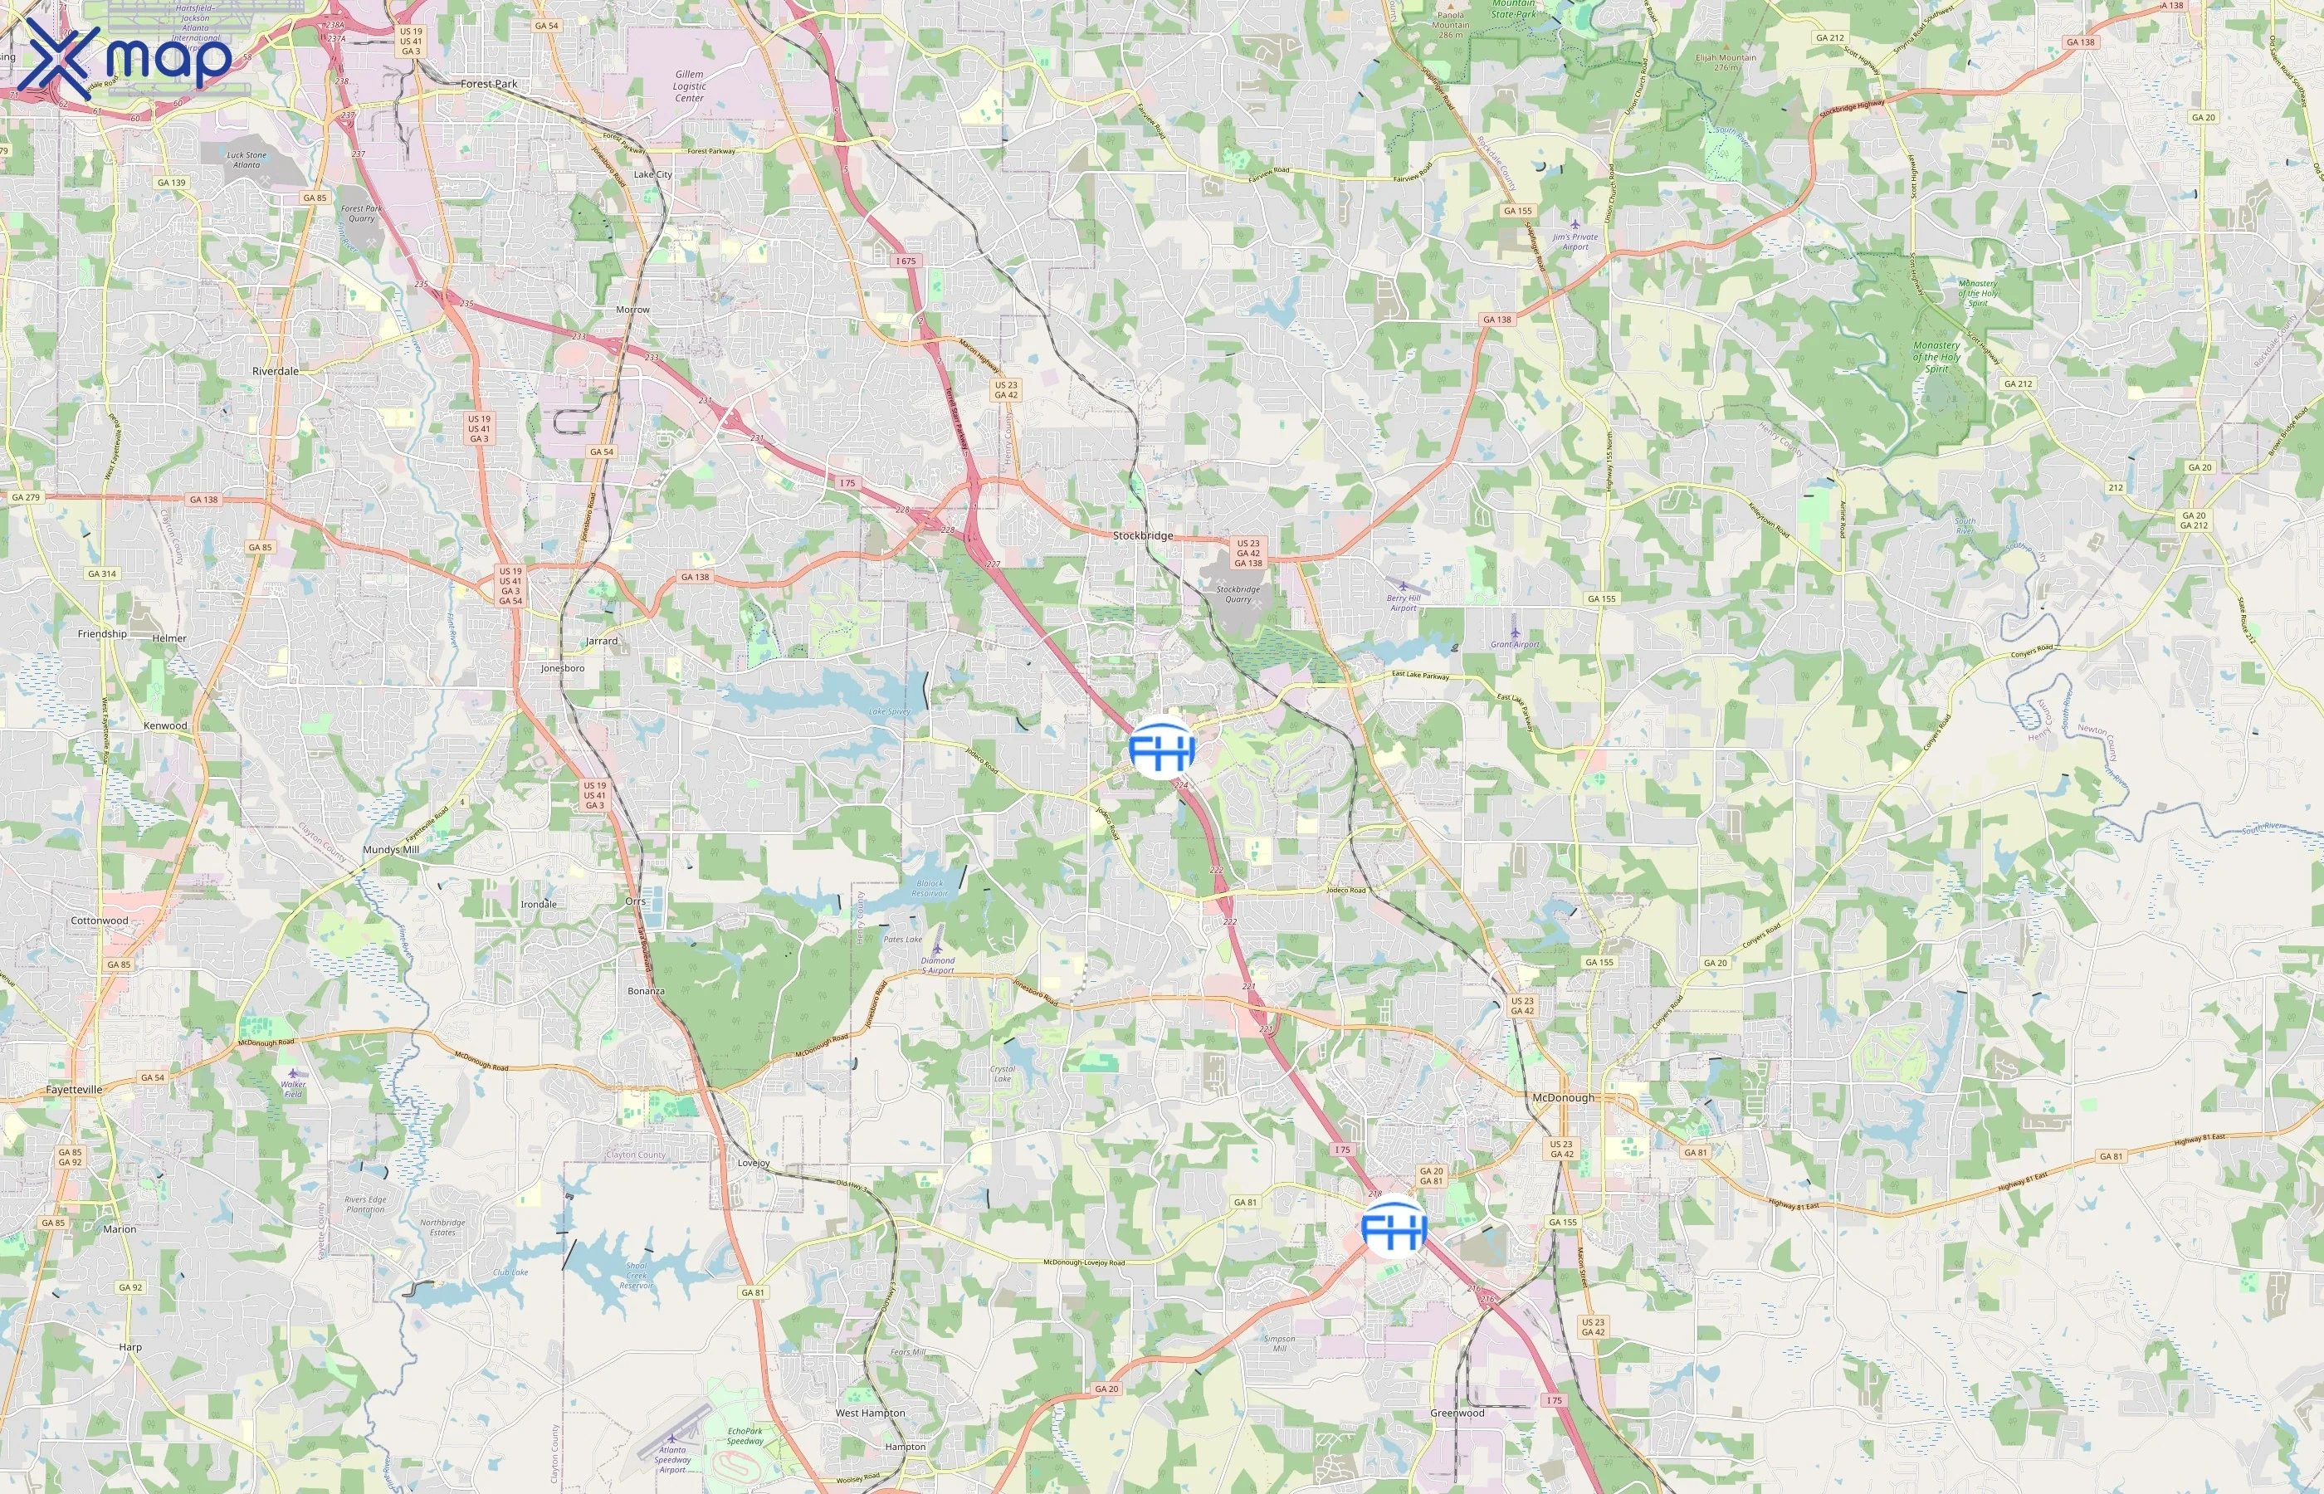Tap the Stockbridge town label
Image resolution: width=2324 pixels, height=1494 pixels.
pos(1143,535)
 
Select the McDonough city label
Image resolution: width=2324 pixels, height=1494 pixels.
pos(1563,1097)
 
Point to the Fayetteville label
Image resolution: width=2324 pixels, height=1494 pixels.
pos(74,1090)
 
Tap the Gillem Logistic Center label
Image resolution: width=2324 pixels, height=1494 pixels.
pos(690,85)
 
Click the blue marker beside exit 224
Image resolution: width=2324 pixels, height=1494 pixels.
pos(1162,748)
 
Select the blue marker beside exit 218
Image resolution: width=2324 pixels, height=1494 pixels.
pos(1394,1228)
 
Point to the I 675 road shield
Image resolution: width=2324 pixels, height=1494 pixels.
pos(905,261)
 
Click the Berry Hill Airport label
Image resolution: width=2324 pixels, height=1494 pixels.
pos(1404,603)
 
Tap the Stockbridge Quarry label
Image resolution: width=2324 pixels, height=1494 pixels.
pos(1238,593)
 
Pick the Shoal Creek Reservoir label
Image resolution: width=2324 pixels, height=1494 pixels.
pos(637,1276)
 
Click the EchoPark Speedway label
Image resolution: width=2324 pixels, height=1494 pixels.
pos(745,1436)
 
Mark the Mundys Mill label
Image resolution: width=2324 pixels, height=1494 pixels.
pos(391,850)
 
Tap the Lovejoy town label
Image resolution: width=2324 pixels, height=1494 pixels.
pos(754,1163)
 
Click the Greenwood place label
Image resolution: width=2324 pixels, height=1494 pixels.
pos(1457,1413)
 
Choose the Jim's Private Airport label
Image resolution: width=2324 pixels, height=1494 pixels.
pos(1575,242)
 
